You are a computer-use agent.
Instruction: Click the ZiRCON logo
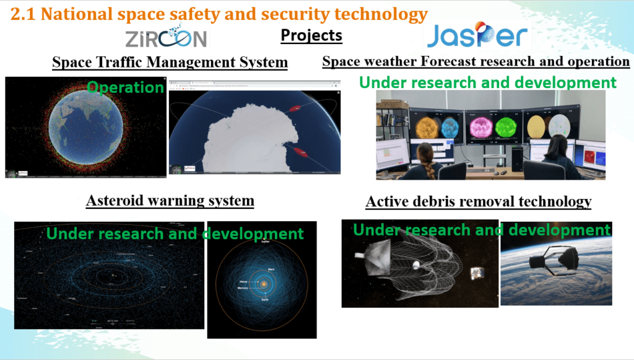coord(165,38)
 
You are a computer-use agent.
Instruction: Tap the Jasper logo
coord(476,36)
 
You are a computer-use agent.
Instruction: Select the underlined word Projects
coord(311,35)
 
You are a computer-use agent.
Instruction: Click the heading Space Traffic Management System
coord(170,63)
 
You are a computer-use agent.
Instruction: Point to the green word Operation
coord(126,87)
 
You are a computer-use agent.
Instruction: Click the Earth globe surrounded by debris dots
coord(85,126)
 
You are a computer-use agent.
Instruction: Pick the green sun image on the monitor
coord(506,126)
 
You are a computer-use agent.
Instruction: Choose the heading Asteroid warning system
coord(170,201)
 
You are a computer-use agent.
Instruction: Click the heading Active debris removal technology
coord(478,202)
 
